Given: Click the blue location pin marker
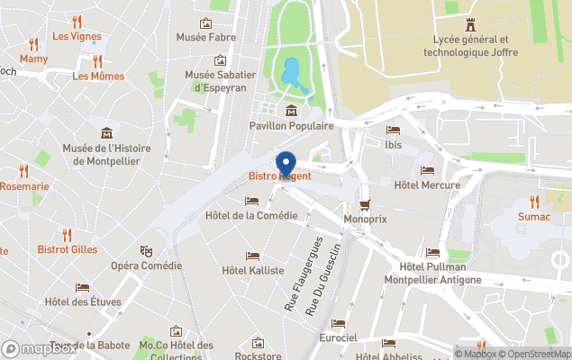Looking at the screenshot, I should pyautogui.click(x=286, y=164).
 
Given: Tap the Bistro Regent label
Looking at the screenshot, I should pyautogui.click(x=279, y=176).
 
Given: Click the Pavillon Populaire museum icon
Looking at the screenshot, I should pyautogui.click(x=291, y=111).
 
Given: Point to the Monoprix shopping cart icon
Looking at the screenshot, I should pyautogui.click(x=365, y=204).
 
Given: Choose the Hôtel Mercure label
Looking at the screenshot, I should pyautogui.click(x=427, y=185).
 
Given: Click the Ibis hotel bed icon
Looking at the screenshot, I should pyautogui.click(x=393, y=130).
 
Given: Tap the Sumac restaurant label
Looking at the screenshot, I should pyautogui.click(x=534, y=217).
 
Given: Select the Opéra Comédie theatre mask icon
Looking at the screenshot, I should pyautogui.click(x=146, y=251).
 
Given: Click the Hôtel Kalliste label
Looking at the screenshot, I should pyautogui.click(x=252, y=270).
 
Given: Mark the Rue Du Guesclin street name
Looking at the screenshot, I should pyautogui.click(x=323, y=278).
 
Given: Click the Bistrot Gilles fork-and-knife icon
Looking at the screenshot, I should pyautogui.click(x=67, y=234).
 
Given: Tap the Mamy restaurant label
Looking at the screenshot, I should pyautogui.click(x=33, y=58).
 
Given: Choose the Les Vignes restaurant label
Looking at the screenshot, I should pyautogui.click(x=77, y=37).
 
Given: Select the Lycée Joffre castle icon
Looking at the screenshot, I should pyautogui.click(x=468, y=23).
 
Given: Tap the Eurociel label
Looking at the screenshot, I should pyautogui.click(x=339, y=337).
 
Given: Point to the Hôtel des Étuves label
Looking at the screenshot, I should pyautogui.click(x=83, y=301).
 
